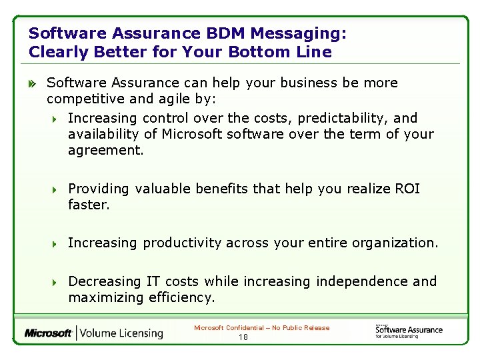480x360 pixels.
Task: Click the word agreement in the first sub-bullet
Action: (105, 151)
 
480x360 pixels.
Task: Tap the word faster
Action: (89, 205)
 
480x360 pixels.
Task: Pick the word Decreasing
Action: (105, 281)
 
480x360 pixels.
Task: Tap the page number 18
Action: (243, 337)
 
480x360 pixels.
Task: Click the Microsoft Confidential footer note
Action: (261, 327)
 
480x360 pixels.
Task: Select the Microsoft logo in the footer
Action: (49, 333)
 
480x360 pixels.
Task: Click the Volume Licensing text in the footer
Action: (122, 333)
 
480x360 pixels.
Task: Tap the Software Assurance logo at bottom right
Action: (408, 331)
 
